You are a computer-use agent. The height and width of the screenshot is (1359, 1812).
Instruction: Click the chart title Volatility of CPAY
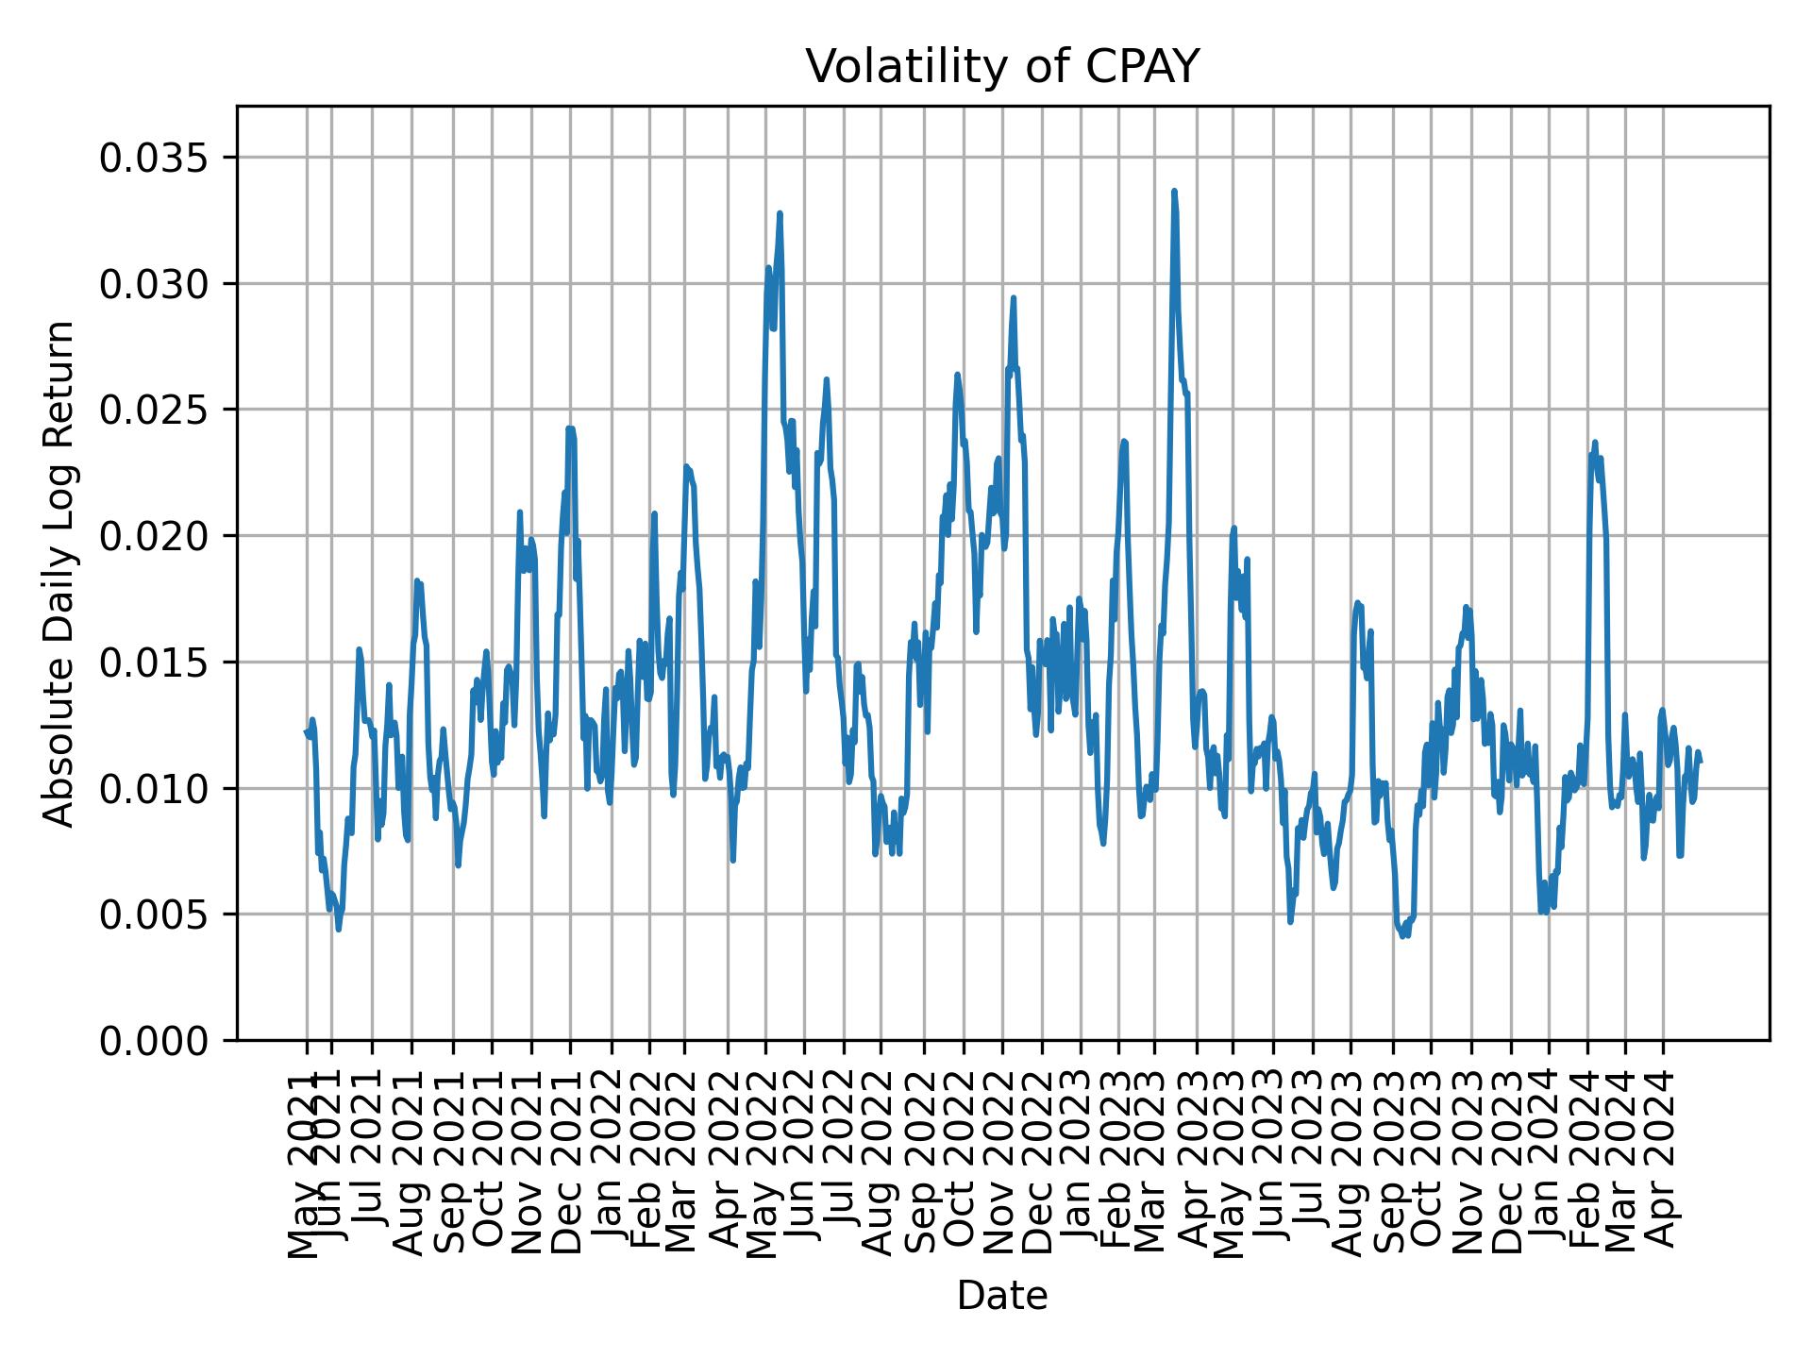1002,67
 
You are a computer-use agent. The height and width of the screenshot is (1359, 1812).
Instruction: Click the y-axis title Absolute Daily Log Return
59,573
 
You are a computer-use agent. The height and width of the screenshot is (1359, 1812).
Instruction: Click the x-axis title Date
1002,1296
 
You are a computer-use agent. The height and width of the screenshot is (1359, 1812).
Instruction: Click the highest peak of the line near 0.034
1174,192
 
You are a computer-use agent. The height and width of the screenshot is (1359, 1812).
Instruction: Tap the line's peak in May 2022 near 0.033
780,213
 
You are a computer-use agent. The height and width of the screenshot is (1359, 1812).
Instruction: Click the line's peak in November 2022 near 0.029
1013,298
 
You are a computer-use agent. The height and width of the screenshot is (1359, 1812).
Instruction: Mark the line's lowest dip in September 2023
1402,935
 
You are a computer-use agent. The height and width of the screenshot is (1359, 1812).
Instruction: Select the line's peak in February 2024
1594,442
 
